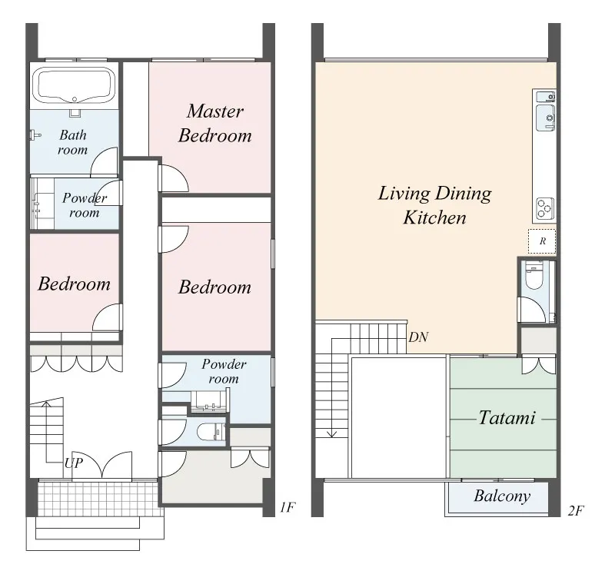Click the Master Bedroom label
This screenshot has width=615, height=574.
pyautogui.click(x=215, y=123)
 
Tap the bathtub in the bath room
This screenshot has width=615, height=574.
pyautogui.click(x=74, y=85)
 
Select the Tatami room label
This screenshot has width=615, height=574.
pyautogui.click(x=507, y=417)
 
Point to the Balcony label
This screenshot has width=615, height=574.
pyautogui.click(x=502, y=496)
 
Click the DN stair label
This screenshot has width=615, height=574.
pyautogui.click(x=418, y=337)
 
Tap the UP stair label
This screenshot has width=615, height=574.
pyautogui.click(x=74, y=463)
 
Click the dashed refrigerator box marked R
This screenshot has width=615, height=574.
pyautogui.click(x=542, y=241)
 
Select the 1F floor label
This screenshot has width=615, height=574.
pyautogui.click(x=287, y=508)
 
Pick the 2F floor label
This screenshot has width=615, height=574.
pyautogui.click(x=576, y=510)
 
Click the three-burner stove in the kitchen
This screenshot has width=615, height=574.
pyautogui.click(x=545, y=207)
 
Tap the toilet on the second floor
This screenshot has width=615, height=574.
pyautogui.click(x=534, y=277)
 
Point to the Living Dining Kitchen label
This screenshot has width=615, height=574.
pyautogui.click(x=434, y=205)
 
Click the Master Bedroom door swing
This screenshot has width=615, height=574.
pyautogui.click(x=174, y=178)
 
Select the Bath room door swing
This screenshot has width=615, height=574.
pyautogui.click(x=104, y=161)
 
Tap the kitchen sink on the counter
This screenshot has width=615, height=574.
pyautogui.click(x=546, y=118)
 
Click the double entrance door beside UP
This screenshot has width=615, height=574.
pyautogui.click(x=102, y=466)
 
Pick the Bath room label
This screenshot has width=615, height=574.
pyautogui.click(x=72, y=142)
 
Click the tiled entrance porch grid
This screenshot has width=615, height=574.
pyautogui.click(x=99, y=499)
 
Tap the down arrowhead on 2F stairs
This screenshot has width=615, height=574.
pyautogui.click(x=332, y=433)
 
